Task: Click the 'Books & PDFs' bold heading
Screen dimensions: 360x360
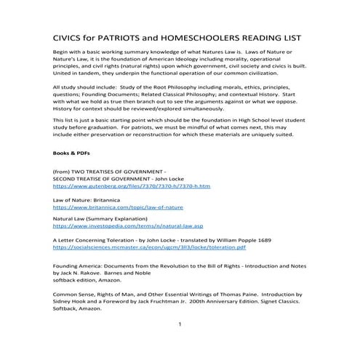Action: click(x=73, y=154)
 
